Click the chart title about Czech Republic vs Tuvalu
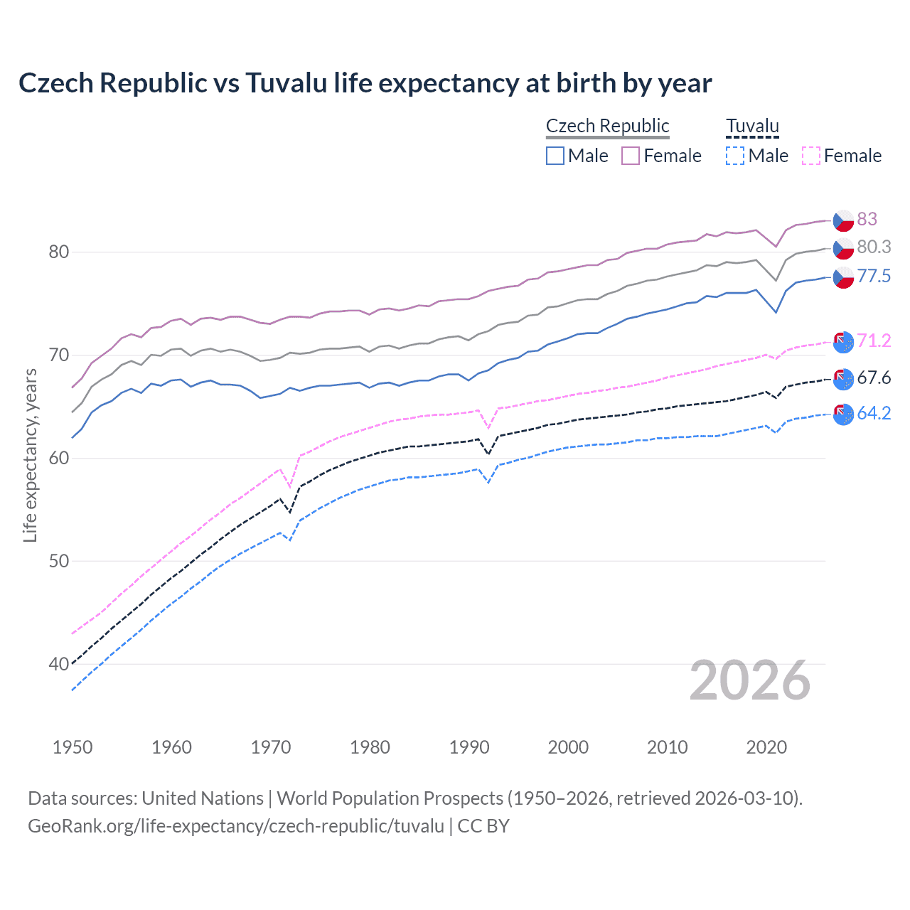(x=365, y=83)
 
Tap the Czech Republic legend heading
(x=607, y=126)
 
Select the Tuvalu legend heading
(x=752, y=126)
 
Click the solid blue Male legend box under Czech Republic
(x=555, y=156)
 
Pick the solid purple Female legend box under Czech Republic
(x=631, y=156)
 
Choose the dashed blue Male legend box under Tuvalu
(x=735, y=156)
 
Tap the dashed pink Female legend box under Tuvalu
(x=810, y=156)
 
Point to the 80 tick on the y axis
(x=59, y=252)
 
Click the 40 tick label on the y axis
(x=59, y=664)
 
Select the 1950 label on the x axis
(x=73, y=747)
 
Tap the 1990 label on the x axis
(x=469, y=747)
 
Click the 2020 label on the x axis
(x=766, y=747)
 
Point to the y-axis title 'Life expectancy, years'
(x=30, y=455)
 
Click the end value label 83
(x=867, y=219)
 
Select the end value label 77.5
(x=874, y=276)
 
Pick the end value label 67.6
(x=874, y=378)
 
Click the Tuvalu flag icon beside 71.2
(x=843, y=342)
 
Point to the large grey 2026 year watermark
(x=749, y=680)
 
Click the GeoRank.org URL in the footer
(x=236, y=826)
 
